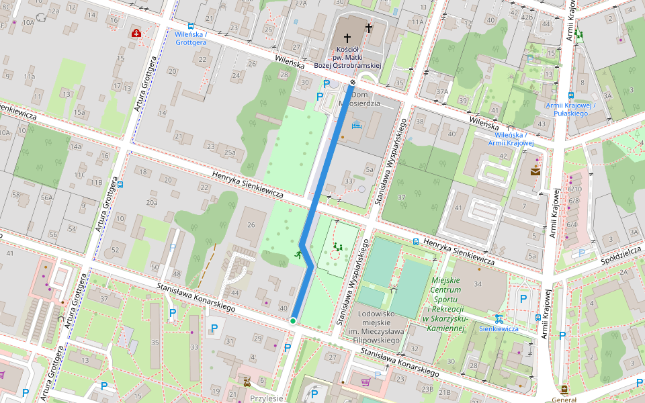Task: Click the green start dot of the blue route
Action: (293, 321)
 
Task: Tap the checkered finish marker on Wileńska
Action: (353, 83)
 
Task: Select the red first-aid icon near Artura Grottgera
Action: (136, 33)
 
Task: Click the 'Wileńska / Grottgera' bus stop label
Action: (190, 38)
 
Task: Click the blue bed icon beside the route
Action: (356, 126)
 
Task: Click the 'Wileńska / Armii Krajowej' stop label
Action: (510, 138)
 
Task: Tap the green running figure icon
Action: (298, 255)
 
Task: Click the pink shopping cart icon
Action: (365, 382)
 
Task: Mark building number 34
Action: (478, 284)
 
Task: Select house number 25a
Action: (230, 152)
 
